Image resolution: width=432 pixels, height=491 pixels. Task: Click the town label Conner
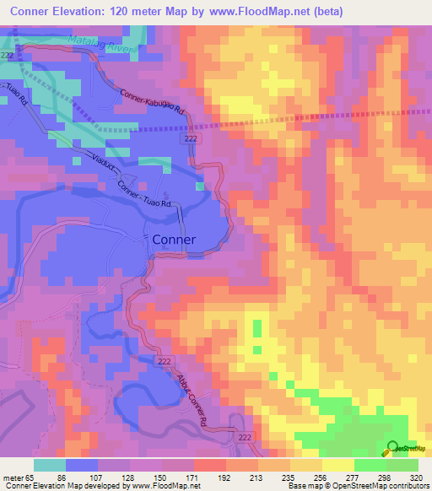pos(174,240)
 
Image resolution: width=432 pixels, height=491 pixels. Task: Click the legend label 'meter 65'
pos(18,477)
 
